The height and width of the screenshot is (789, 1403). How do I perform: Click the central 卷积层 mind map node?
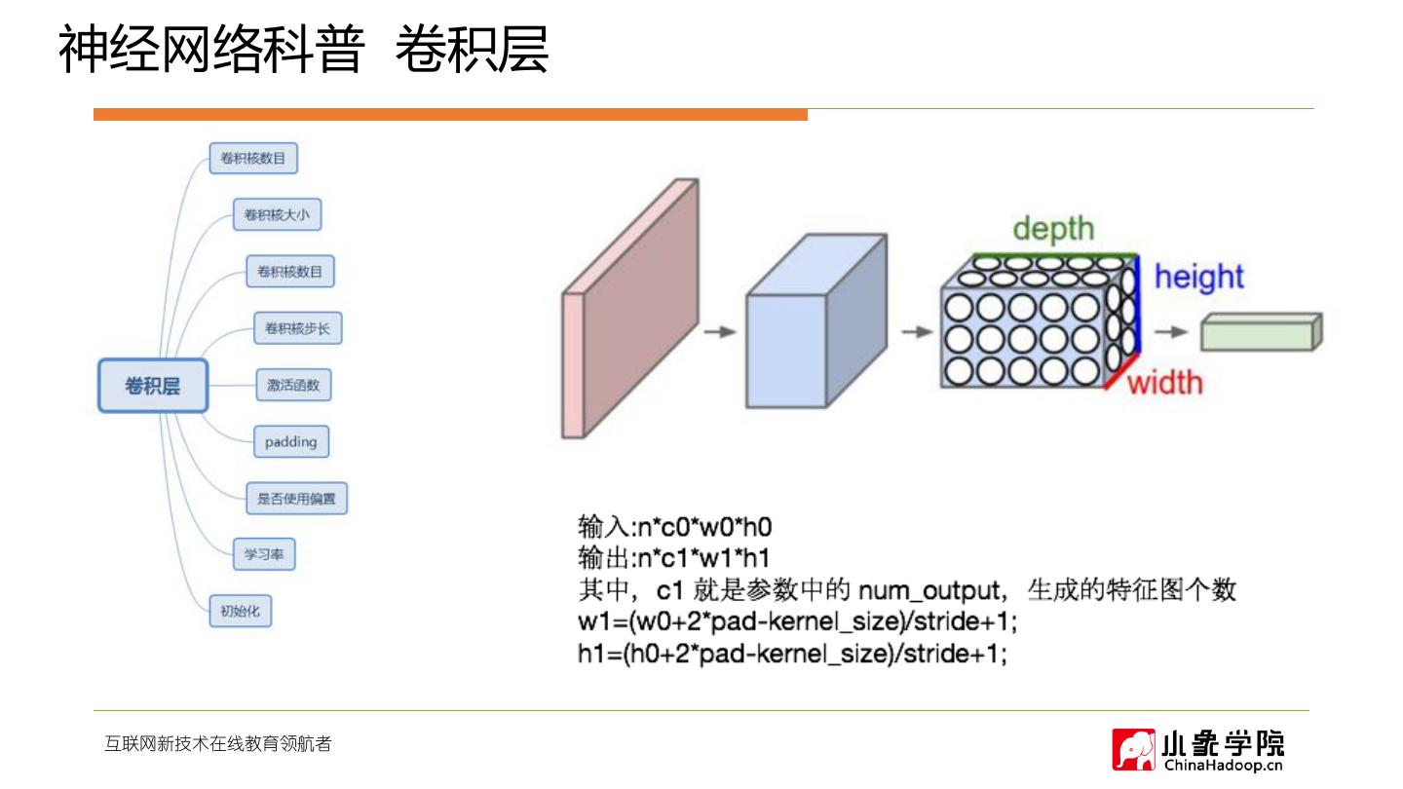click(153, 385)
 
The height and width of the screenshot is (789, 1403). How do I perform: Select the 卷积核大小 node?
click(277, 214)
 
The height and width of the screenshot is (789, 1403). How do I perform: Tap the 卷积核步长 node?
click(297, 328)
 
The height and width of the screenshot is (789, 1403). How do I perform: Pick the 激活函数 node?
click(293, 385)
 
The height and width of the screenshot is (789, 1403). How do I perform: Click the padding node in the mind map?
click(290, 441)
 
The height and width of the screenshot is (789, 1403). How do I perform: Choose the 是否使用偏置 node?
click(296, 499)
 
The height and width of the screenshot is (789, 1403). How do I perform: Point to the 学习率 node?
click(264, 554)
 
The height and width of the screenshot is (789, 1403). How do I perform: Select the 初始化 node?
click(240, 611)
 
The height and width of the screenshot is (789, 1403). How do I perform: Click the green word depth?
click(1053, 229)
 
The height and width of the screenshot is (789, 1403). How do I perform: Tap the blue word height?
click(1198, 277)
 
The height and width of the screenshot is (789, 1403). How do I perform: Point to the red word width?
click(1165, 382)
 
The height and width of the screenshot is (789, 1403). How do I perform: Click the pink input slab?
click(630, 309)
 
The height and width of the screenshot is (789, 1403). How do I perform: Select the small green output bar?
click(1262, 331)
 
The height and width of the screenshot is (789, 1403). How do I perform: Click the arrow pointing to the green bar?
click(1170, 331)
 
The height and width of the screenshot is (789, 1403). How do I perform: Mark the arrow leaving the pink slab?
click(720, 331)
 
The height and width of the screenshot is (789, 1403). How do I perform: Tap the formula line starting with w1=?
click(797, 621)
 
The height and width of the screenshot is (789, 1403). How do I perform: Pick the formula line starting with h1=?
click(792, 654)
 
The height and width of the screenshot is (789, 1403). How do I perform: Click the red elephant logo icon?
click(1134, 749)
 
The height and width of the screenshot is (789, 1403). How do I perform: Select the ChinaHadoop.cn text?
click(1224, 765)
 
